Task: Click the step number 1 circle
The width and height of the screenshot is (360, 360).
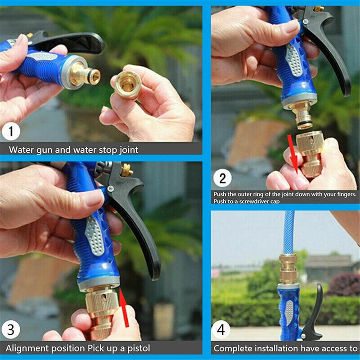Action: [11, 132]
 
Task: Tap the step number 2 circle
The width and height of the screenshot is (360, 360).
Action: [222, 178]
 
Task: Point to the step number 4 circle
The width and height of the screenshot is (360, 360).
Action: [220, 329]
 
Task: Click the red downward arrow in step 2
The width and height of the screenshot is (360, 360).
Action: [293, 153]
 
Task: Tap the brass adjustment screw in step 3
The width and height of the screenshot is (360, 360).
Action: [126, 170]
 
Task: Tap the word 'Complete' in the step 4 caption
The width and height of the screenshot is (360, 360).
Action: [233, 348]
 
